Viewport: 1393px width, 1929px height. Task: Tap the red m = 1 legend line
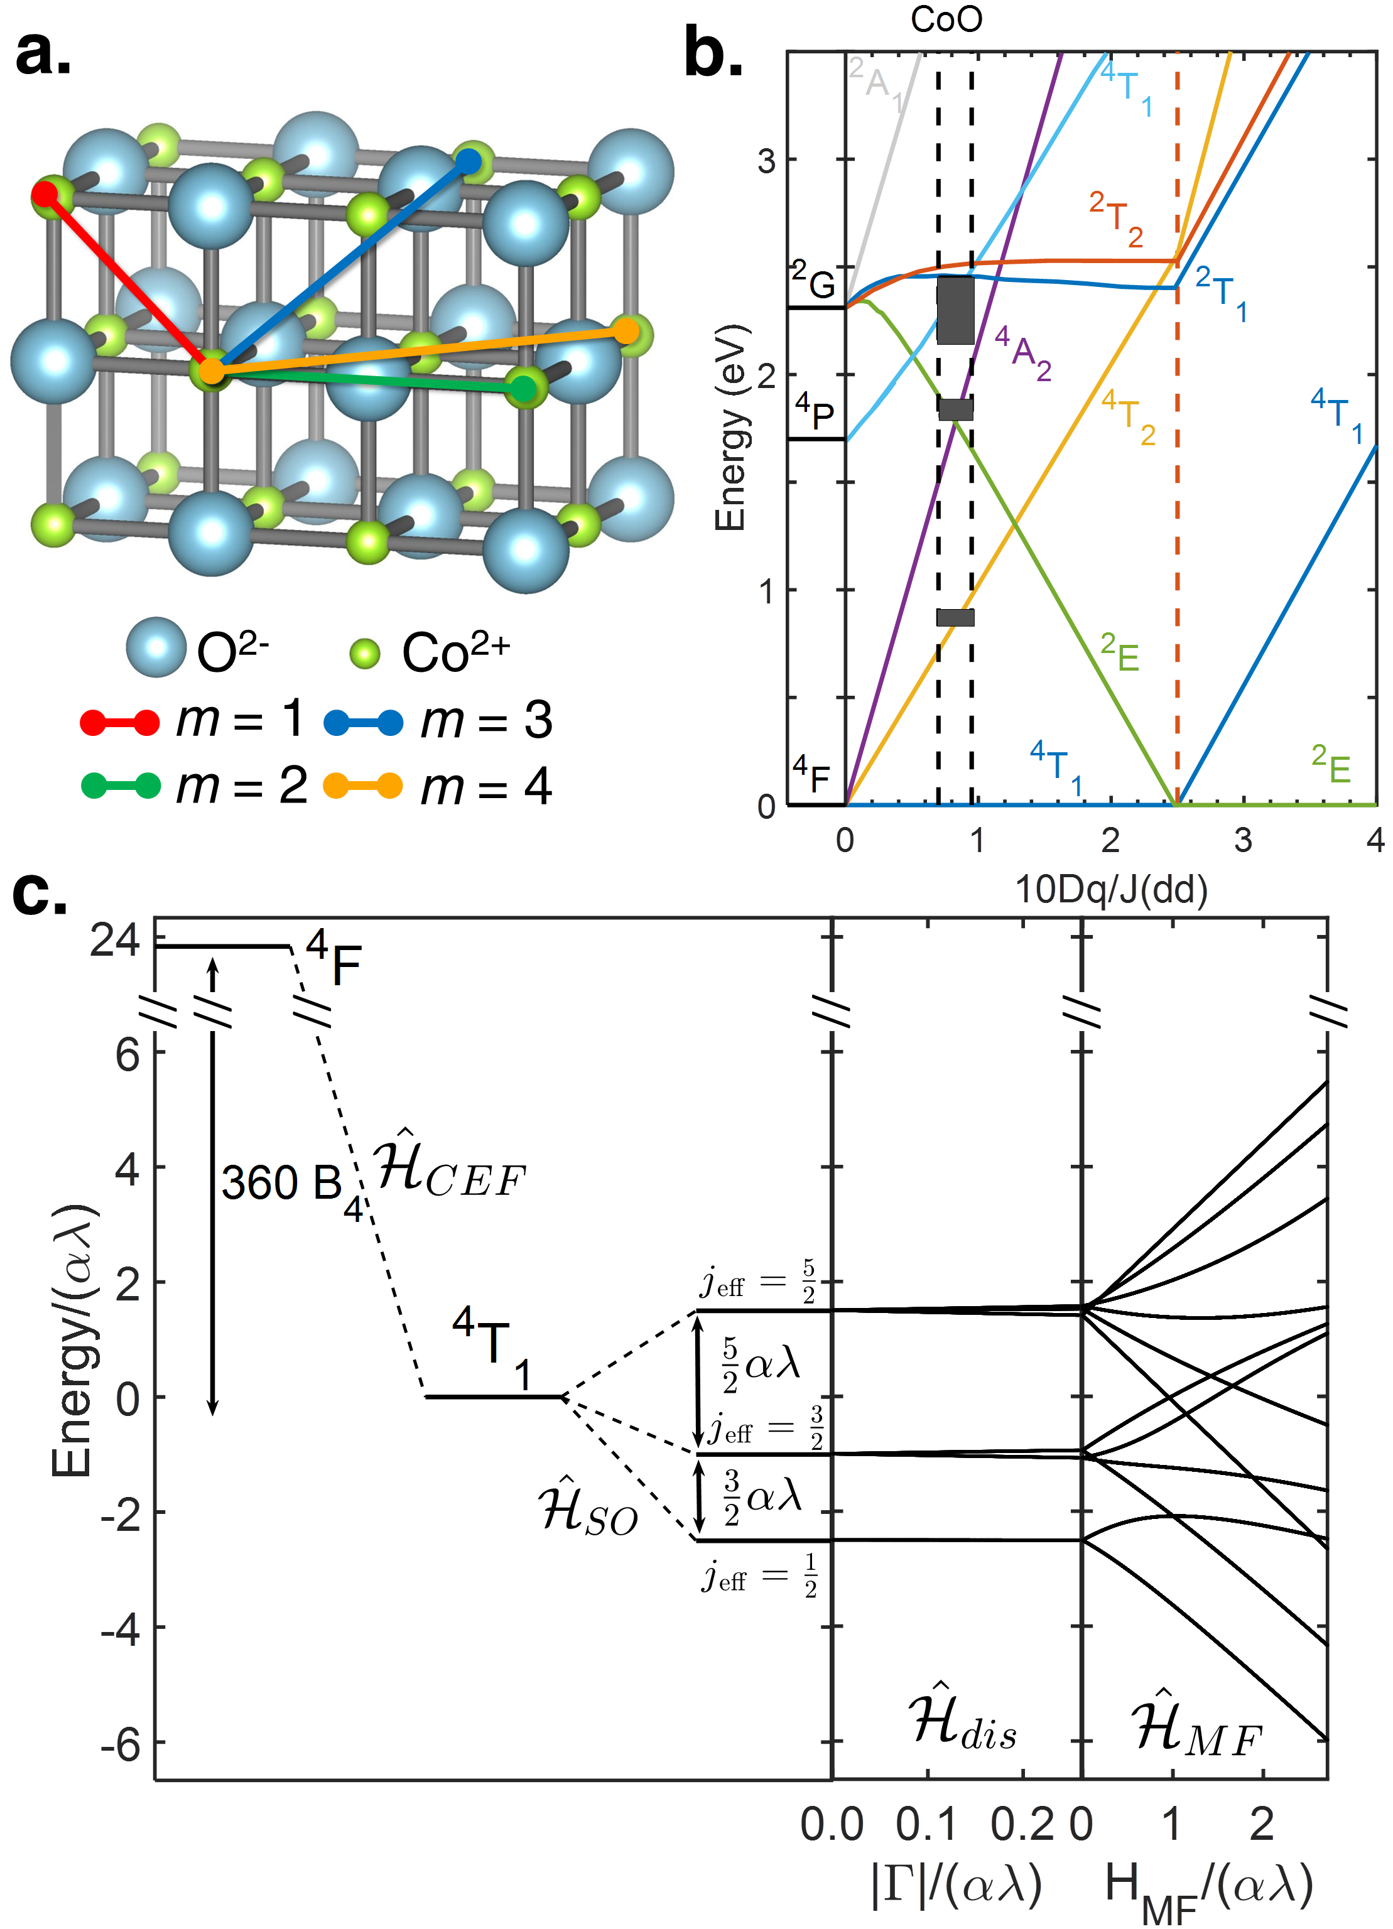coord(119,722)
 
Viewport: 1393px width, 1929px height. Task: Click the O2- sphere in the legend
coord(156,647)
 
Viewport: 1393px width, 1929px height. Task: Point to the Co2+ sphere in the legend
coord(365,653)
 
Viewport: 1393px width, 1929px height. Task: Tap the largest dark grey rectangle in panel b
coord(955,310)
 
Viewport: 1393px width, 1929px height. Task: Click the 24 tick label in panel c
coord(115,943)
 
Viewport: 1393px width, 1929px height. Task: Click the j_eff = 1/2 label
coord(759,1576)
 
